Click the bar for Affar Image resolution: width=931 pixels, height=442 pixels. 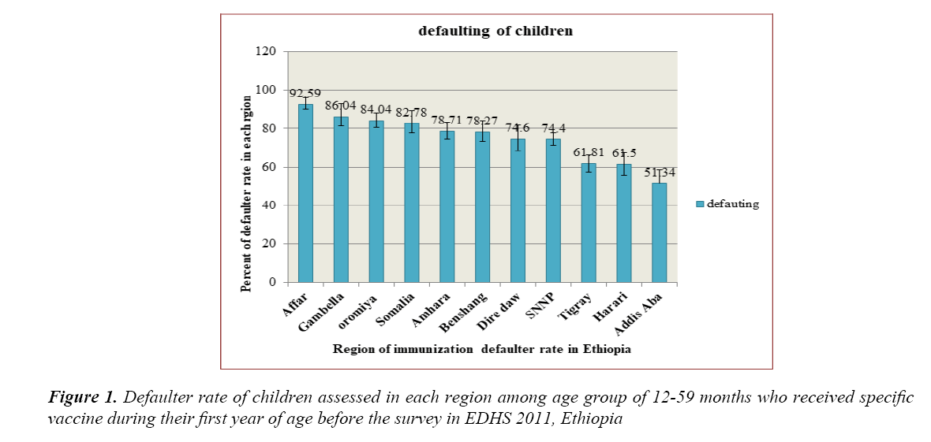(x=305, y=193)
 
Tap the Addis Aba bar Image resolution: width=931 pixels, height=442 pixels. (x=659, y=232)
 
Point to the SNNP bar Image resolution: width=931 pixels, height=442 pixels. (x=553, y=210)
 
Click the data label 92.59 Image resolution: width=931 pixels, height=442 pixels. (x=305, y=94)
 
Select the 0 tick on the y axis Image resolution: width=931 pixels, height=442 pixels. (x=271, y=282)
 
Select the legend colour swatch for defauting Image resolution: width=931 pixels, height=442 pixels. (x=699, y=204)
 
